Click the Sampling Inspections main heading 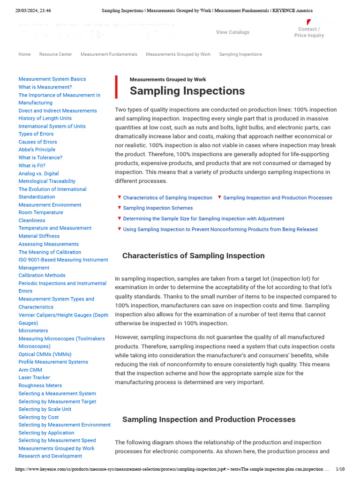[x=187, y=91]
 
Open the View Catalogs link [x=232, y=32]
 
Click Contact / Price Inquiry [x=309, y=32]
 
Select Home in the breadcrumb [x=24, y=54]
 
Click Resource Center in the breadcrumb [x=55, y=54]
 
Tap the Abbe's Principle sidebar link [x=37, y=150]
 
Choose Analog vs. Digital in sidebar [x=38, y=173]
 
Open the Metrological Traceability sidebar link [x=47, y=181]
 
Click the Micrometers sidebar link [x=33, y=330]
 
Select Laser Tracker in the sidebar [x=34, y=377]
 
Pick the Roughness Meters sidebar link [x=40, y=385]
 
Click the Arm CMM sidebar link [x=30, y=370]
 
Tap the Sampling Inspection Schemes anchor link [x=157, y=208]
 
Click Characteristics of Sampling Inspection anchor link [x=167, y=198]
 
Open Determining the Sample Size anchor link [x=203, y=219]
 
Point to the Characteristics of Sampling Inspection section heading [x=193, y=256]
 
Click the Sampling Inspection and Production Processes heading [x=209, y=420]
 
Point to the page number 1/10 [x=340, y=469]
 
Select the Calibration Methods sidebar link [x=42, y=275]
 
